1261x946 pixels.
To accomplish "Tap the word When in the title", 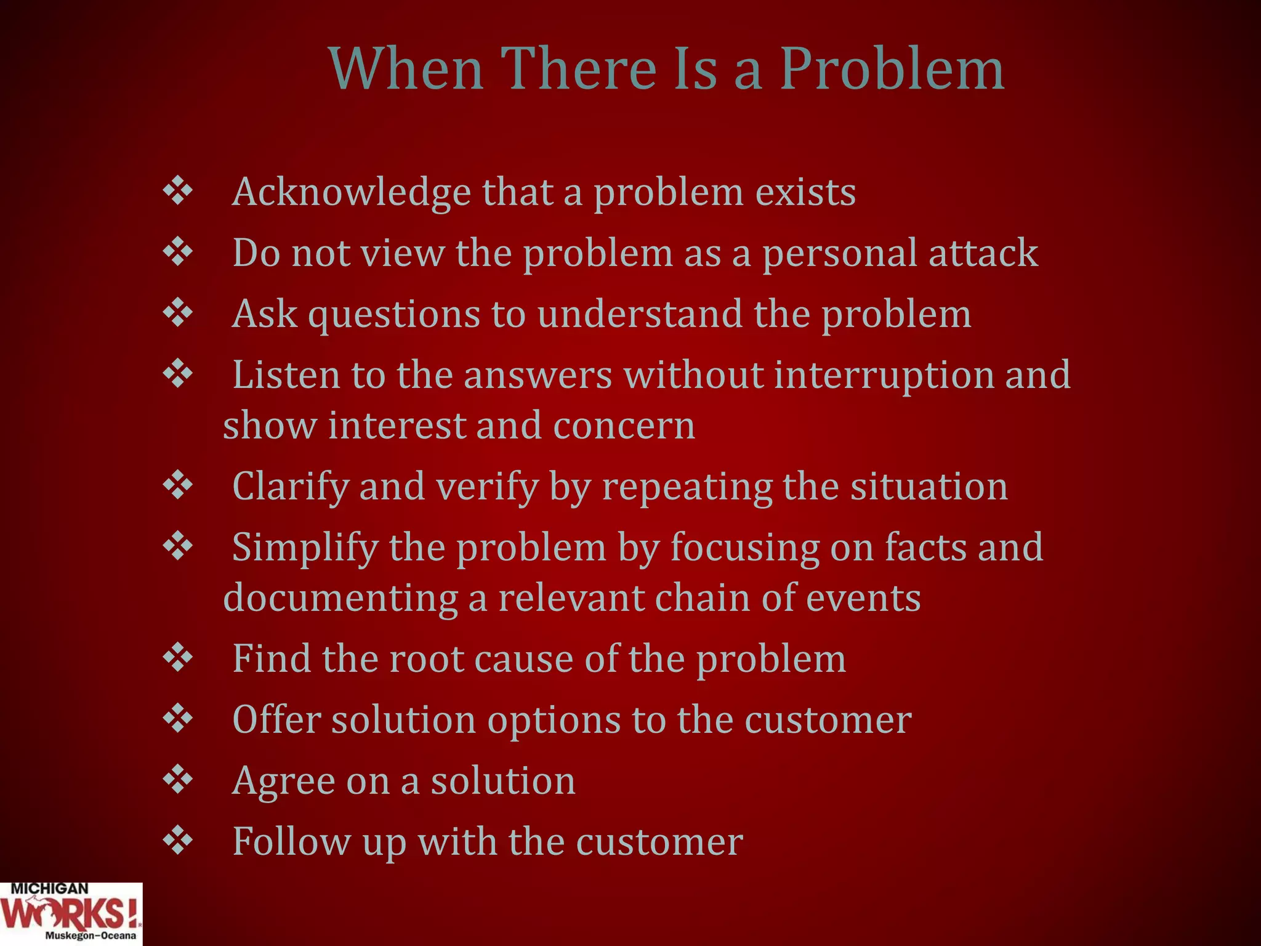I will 406,69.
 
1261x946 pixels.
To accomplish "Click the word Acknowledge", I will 351,193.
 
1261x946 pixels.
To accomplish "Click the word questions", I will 393,315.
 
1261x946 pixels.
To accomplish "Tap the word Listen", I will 286,374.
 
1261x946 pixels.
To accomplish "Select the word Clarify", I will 291,487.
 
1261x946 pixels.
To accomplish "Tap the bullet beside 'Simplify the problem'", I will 178,546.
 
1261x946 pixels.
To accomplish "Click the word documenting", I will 340,599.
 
